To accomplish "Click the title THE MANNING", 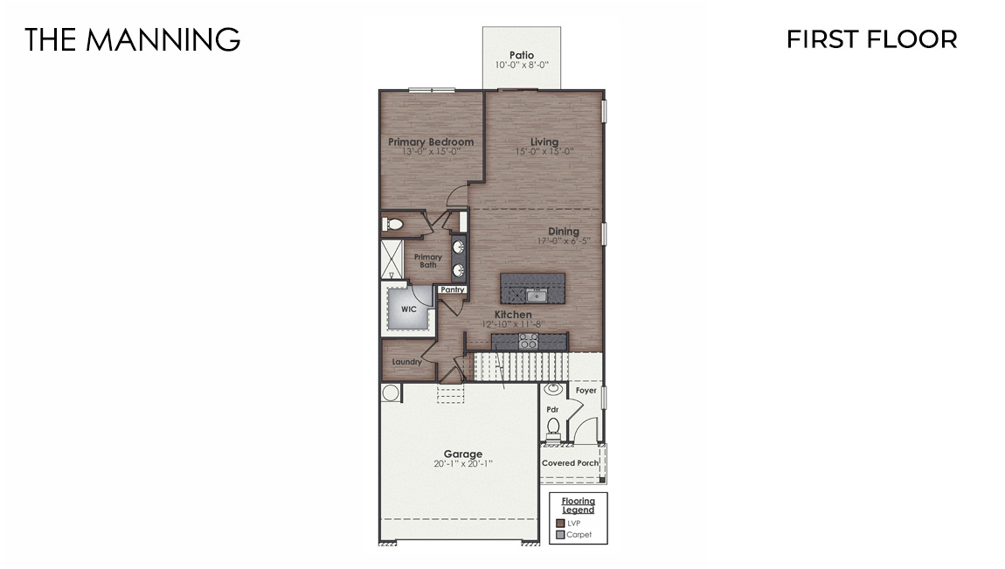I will tap(132, 39).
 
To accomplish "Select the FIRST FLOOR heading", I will tap(871, 39).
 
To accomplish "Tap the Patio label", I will tap(522, 55).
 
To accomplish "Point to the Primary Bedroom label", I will tap(431, 142).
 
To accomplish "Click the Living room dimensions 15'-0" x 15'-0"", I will tap(544, 151).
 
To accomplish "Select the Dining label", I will tap(564, 232).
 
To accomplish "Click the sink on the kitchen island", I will tap(537, 295).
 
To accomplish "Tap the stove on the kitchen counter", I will tap(529, 340).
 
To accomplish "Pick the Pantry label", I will tap(453, 289).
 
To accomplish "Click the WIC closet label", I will tap(408, 309).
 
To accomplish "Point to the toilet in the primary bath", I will tap(393, 226).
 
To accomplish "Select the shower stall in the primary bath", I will tap(390, 259).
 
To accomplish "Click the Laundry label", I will tap(407, 362).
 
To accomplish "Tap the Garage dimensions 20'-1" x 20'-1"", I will tap(462, 463).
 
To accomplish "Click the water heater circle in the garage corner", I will tap(390, 392).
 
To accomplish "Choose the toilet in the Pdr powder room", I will tap(552, 427).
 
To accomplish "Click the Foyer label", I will tap(586, 391).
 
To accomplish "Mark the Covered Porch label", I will tap(571, 463).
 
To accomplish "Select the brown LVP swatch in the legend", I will tap(560, 523).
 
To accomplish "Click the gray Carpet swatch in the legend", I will tap(560, 534).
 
